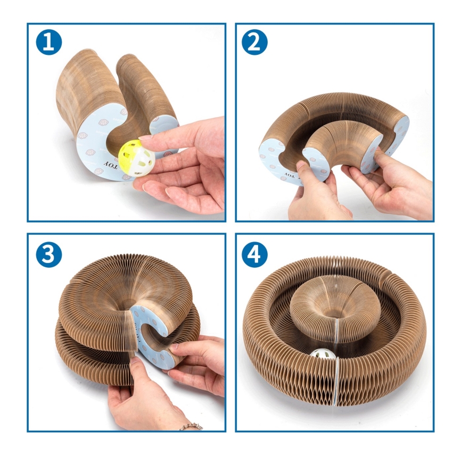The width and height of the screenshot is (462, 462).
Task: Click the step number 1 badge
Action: tap(49, 43)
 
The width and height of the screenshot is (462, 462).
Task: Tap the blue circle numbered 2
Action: tap(254, 43)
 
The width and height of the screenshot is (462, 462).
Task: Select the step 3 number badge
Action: tap(49, 254)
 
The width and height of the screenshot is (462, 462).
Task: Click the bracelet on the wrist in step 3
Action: tap(192, 426)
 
